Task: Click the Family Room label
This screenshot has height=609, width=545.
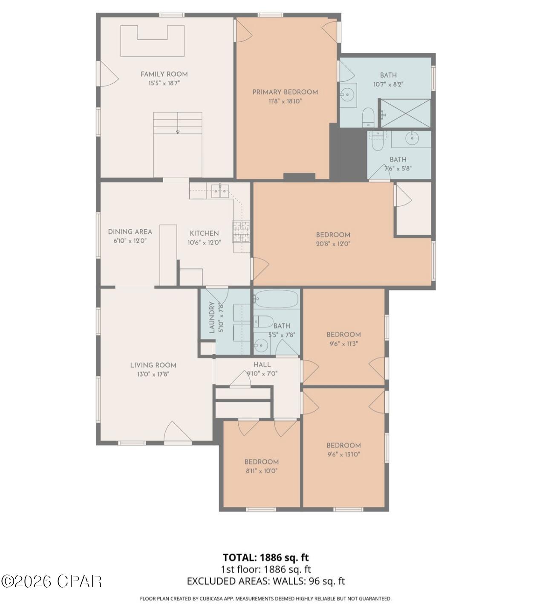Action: coord(164,74)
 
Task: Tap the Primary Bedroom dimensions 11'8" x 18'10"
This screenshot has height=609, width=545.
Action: coord(285,101)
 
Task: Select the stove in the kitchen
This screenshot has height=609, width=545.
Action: coord(241,232)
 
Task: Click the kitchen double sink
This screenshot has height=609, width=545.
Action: coord(219,191)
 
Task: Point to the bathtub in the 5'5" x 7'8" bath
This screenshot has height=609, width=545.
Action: coord(276,299)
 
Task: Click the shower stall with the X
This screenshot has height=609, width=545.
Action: coord(405,113)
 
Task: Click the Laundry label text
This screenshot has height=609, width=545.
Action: coord(212,317)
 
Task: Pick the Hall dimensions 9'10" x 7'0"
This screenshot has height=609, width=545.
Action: coord(262,373)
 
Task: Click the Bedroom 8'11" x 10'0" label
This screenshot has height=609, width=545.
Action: coord(262,462)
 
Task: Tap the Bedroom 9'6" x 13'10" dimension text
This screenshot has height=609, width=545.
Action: coord(344,454)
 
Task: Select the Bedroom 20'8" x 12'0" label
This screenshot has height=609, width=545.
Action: coord(333,235)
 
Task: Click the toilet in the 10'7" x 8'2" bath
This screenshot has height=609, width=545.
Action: coord(368,117)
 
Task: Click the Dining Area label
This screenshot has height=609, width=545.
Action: coord(130,232)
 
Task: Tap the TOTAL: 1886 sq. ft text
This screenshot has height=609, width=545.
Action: coord(265,557)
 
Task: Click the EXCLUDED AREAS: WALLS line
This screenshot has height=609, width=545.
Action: coord(265,581)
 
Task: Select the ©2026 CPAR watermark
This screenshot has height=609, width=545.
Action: coord(51,581)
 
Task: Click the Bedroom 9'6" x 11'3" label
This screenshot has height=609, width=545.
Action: coord(344,335)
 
